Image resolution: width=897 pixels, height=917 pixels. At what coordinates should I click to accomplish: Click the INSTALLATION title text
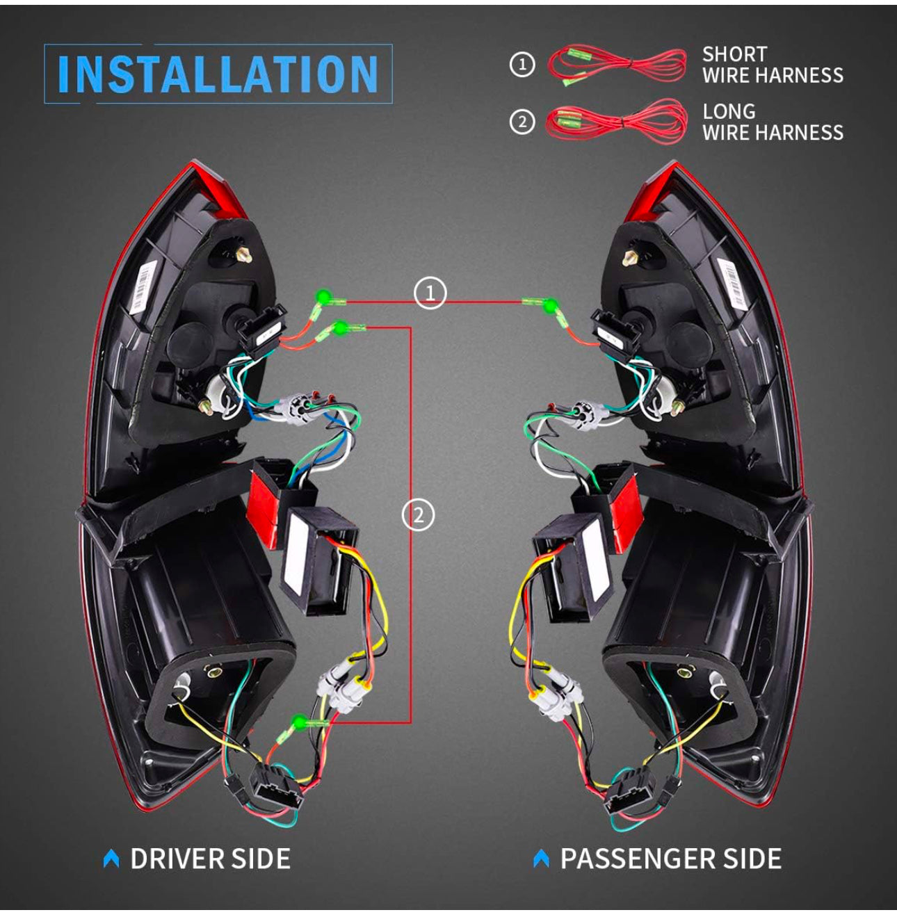(x=218, y=74)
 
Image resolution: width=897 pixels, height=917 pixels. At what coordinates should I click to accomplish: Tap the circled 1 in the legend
(x=522, y=65)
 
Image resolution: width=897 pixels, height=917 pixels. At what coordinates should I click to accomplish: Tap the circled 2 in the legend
(x=522, y=122)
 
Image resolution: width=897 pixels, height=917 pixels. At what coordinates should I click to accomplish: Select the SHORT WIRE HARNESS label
(x=772, y=65)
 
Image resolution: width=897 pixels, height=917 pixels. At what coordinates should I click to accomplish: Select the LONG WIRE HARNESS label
(x=772, y=122)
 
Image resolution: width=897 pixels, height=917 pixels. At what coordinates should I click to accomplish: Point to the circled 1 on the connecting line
(x=430, y=293)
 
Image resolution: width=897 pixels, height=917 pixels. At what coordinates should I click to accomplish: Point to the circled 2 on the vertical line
(x=419, y=515)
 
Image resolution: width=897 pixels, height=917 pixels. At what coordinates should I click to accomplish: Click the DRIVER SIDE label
(x=210, y=859)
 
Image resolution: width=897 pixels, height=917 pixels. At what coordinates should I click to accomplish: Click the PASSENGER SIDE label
(x=670, y=859)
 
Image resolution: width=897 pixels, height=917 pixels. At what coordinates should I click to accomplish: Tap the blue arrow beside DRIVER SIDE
(x=111, y=859)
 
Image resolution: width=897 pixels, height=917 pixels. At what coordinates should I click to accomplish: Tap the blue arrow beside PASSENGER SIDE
(x=541, y=859)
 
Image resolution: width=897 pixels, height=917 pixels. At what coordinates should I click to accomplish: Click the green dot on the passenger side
(x=550, y=305)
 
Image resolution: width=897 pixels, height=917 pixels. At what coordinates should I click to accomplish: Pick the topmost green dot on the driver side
(x=322, y=296)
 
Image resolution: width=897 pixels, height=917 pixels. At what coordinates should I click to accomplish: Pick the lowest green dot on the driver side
(x=300, y=721)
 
